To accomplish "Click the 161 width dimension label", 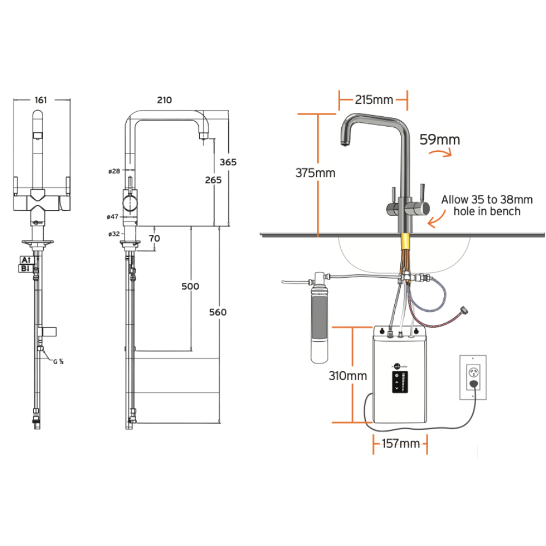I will pos(41,100).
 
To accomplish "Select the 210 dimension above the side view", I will pos(164,100).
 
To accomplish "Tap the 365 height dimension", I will pos(228,162).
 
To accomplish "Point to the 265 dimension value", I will pos(213,180).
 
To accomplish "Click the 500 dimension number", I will pos(190,286).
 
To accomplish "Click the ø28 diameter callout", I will pos(114,171).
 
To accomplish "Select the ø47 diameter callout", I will pos(113,217).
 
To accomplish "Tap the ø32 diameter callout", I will pos(114,234).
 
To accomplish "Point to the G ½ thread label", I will pos(58,360).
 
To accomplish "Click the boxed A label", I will pos(25,260).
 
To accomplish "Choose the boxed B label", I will pos(25,268).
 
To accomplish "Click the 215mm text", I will pos(374,99).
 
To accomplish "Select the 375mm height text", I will pos(316,173).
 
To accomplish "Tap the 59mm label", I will pos(440,140).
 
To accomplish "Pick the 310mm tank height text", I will pos(347,376).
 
